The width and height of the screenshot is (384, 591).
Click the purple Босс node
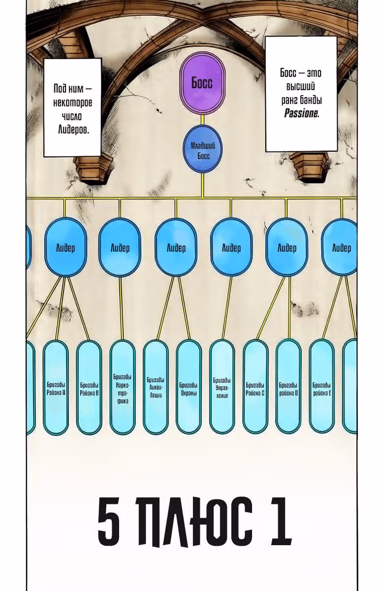(x=202, y=83)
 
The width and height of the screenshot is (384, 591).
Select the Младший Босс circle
(x=202, y=149)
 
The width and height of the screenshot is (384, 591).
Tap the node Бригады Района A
(x=56, y=388)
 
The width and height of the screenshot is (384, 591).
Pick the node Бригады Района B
(x=89, y=388)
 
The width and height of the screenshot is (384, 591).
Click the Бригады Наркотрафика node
(x=123, y=388)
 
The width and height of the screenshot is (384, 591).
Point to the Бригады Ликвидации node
(x=156, y=388)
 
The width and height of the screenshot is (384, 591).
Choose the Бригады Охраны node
(x=189, y=388)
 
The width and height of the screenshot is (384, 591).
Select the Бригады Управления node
(x=222, y=388)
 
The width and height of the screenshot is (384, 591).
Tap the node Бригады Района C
(x=256, y=388)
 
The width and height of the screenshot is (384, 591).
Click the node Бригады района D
(x=288, y=388)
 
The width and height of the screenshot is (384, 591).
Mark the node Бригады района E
(x=322, y=388)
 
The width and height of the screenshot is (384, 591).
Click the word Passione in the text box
(x=301, y=114)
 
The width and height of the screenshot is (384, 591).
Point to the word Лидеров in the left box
(x=73, y=130)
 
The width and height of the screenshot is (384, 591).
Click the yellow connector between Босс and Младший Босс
(x=202, y=120)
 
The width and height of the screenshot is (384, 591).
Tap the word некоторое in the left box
(x=73, y=102)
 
